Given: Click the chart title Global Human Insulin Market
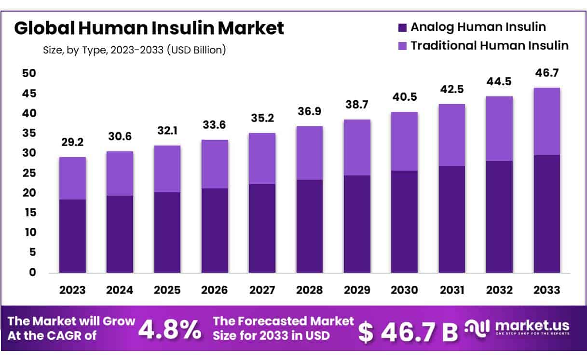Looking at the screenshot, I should tap(149, 28).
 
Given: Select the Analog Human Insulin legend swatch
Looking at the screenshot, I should tap(403, 27).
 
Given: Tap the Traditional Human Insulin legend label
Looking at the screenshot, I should tap(490, 46).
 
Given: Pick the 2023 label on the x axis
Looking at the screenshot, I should tap(72, 290).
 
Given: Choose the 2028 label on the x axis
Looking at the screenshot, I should tap(309, 290).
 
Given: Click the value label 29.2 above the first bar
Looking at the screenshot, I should tap(72, 143).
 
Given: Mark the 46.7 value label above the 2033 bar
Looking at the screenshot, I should tap(546, 74).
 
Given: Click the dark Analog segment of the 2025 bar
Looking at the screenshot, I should tap(167, 232).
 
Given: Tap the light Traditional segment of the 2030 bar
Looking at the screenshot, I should tap(404, 141).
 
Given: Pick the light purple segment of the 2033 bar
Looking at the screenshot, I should tap(546, 121).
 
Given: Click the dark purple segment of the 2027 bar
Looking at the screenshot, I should tap(262, 228).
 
